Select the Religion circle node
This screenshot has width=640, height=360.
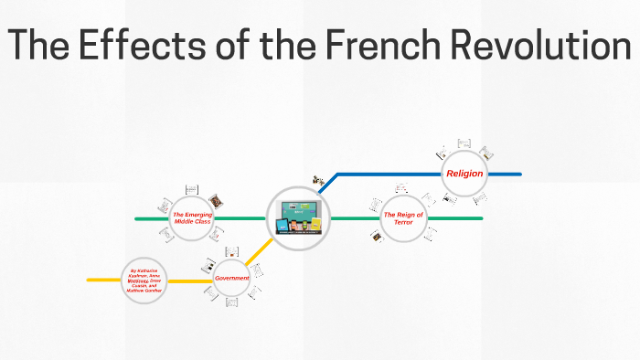464,173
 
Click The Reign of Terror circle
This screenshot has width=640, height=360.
403,217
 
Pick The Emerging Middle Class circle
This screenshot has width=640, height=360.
192,218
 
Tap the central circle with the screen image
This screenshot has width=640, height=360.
298,218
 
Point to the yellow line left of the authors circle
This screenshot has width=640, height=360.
103,280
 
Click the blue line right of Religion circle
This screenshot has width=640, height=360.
503,173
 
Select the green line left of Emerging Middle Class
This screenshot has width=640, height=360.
151,218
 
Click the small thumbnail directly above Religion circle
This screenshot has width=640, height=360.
464,143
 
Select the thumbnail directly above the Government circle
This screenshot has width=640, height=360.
232,249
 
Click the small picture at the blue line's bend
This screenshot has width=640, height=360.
318,181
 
